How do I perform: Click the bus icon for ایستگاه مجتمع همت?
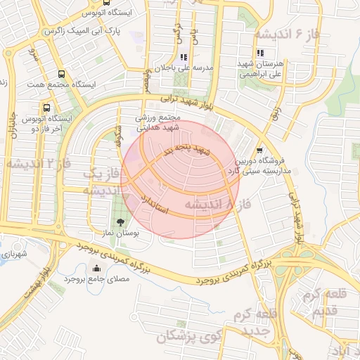[60, 74]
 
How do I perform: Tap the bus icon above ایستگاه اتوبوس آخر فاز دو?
[46, 108]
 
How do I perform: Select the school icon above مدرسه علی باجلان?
[183, 57]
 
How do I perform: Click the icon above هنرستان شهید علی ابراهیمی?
[260, 53]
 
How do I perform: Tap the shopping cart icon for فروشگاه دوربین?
[259, 150]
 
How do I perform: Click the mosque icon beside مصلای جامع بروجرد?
[96, 268]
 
